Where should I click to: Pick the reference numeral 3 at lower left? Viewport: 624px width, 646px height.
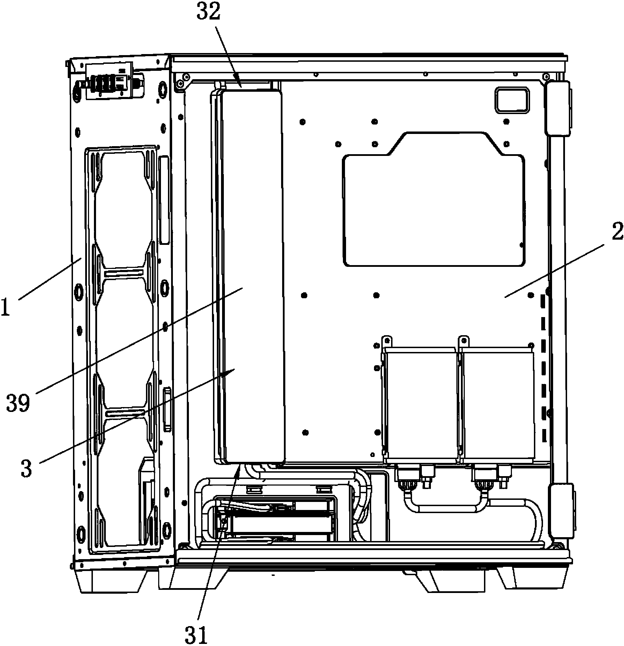(27, 468)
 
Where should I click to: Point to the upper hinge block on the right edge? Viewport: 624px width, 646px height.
(558, 109)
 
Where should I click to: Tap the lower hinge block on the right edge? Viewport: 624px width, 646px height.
(561, 514)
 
